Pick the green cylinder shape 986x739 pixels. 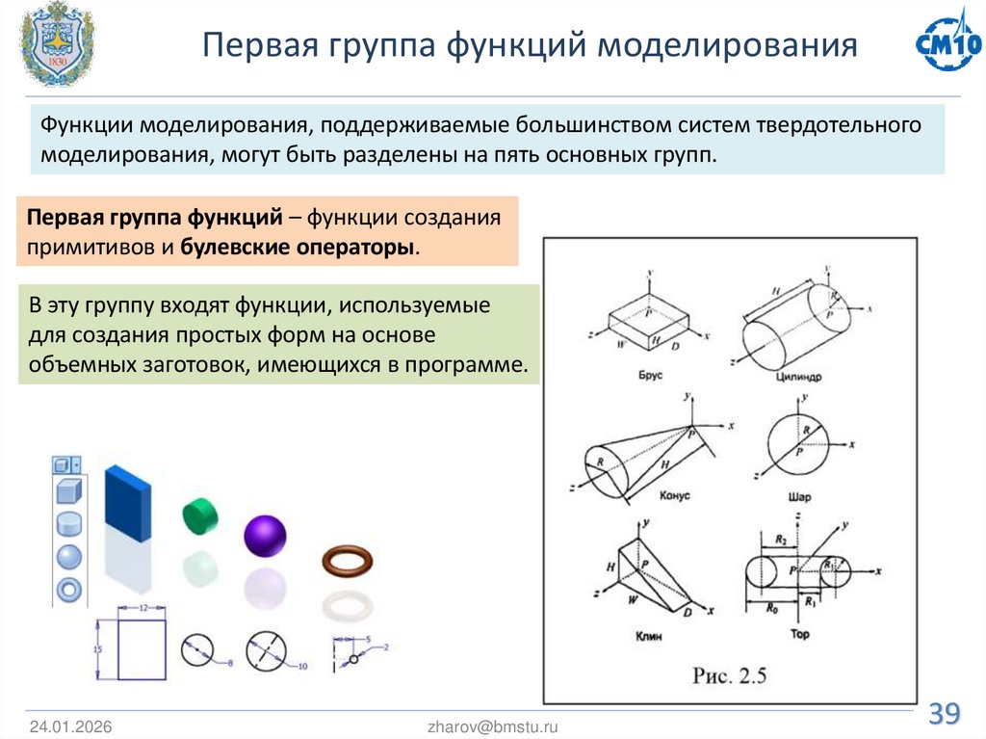200,515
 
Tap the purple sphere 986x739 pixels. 265,536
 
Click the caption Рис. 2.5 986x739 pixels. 729,674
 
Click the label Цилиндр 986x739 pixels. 799,377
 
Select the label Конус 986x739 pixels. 674,494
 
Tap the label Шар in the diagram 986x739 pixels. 799,497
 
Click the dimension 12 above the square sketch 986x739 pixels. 141,609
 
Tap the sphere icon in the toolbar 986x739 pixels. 67,556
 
